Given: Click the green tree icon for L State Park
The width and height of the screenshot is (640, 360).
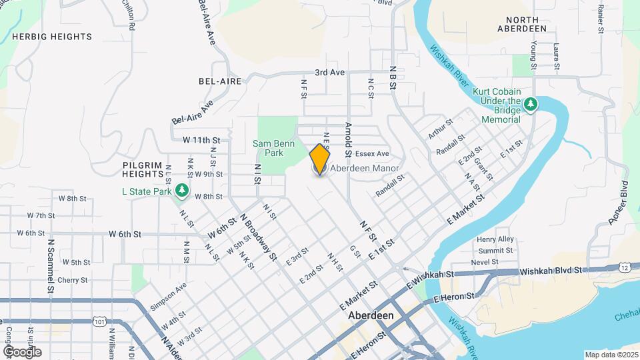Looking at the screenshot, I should point(182,192).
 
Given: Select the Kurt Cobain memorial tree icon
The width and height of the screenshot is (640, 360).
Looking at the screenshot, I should point(530,104).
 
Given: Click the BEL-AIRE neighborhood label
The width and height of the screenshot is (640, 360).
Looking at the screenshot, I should point(220,81).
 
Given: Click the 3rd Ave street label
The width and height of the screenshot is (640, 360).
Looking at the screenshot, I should point(330,72).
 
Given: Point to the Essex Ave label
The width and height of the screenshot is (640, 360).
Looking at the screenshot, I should point(372,153).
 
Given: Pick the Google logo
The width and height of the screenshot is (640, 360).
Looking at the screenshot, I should point(22,351).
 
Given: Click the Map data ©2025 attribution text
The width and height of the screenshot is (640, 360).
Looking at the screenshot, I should point(610,355).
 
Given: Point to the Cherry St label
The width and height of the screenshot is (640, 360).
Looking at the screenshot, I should point(73,281).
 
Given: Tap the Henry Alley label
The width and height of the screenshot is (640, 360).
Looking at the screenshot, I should point(495,239).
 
